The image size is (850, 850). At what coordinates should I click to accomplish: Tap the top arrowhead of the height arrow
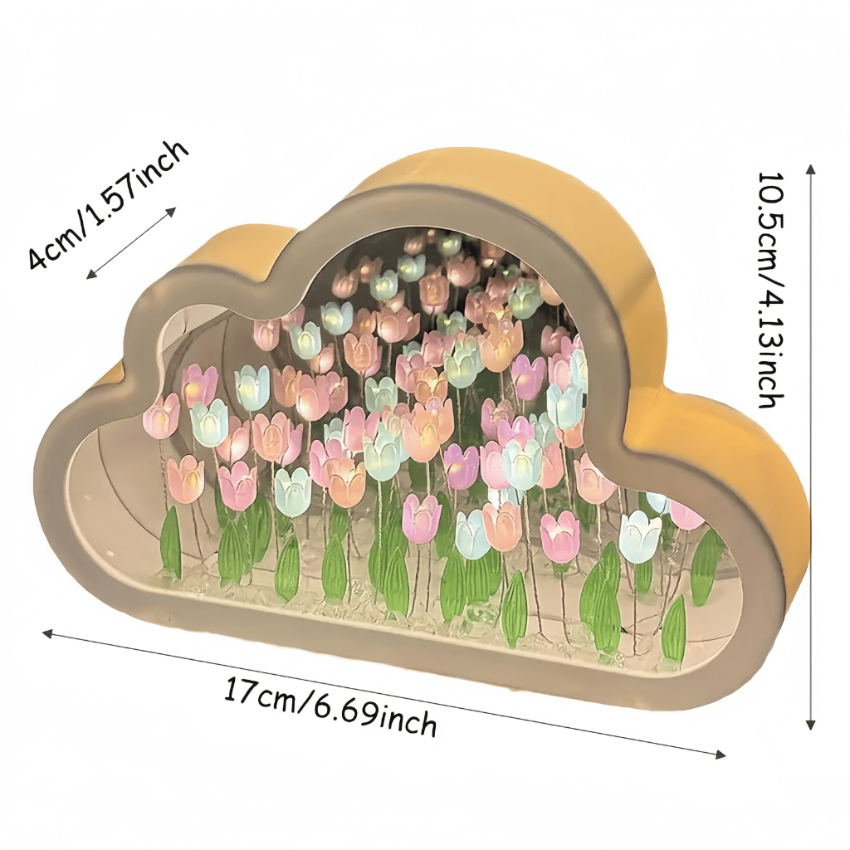pyautogui.click(x=811, y=169)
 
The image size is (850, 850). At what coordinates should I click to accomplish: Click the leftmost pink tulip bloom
pyautogui.click(x=161, y=415)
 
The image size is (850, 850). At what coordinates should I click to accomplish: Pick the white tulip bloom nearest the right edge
pyautogui.click(x=641, y=535)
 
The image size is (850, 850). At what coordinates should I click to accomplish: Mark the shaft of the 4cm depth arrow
pyautogui.click(x=131, y=243)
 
